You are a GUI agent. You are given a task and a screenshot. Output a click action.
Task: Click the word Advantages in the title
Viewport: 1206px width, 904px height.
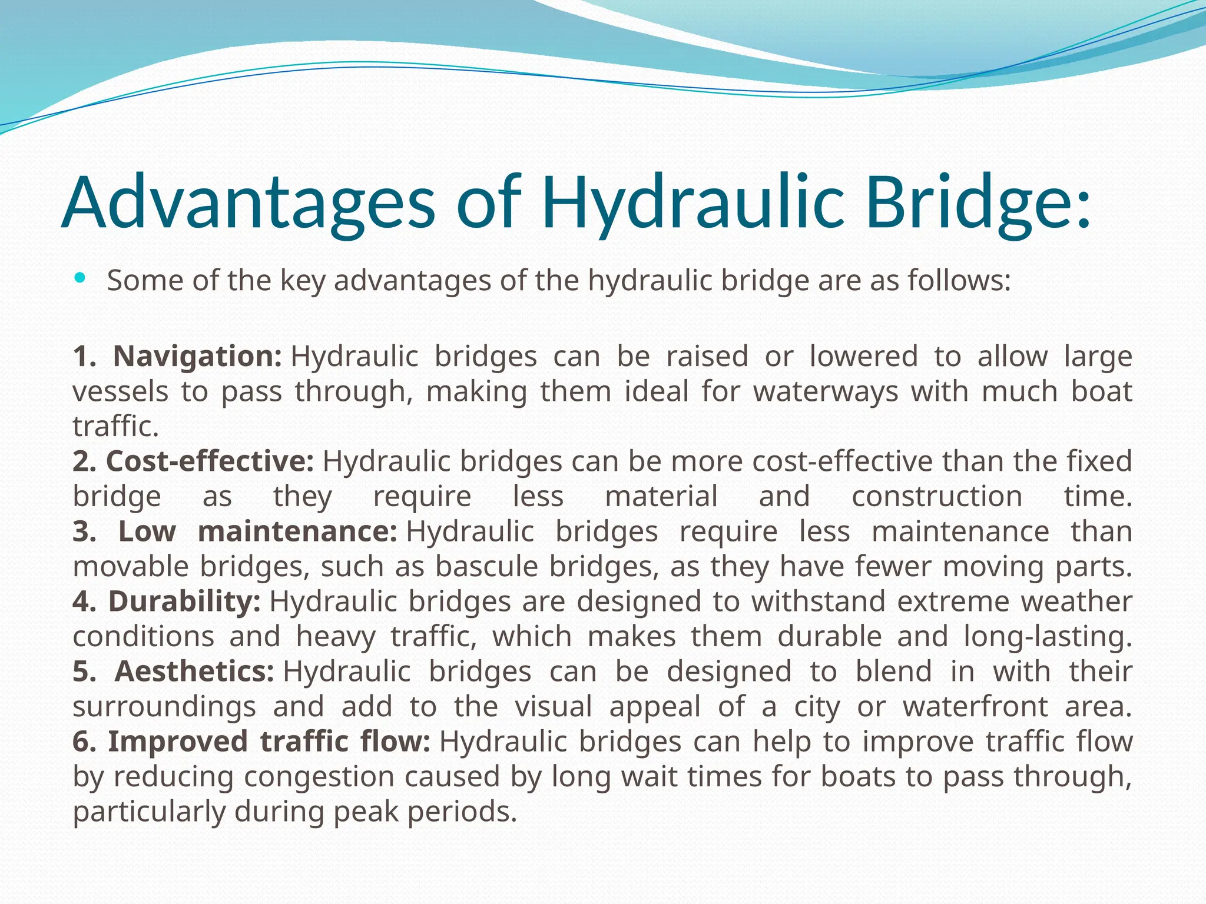click(248, 202)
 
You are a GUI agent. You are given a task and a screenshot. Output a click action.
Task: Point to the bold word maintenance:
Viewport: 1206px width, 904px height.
click(297, 531)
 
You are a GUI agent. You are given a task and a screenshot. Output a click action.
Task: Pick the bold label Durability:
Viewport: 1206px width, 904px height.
click(184, 601)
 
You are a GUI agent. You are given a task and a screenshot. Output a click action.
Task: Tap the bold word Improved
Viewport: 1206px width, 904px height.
click(178, 742)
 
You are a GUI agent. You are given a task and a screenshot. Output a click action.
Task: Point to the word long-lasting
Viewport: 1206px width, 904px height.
click(1048, 637)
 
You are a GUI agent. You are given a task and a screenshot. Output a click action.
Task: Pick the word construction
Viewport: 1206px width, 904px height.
click(937, 497)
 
